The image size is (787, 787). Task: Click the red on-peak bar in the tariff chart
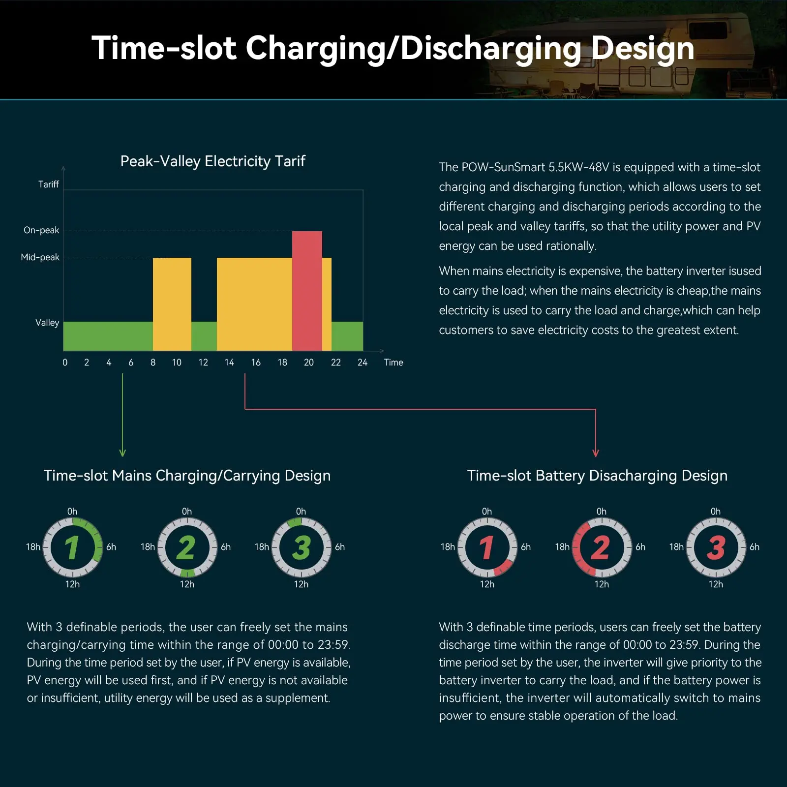(307, 290)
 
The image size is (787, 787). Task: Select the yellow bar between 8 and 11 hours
(172, 303)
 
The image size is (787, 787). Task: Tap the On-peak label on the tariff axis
(41, 230)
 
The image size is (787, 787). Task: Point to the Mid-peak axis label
(40, 257)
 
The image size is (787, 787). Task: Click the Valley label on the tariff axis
(47, 323)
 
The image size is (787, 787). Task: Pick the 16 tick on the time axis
(256, 363)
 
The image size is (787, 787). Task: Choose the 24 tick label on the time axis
(363, 363)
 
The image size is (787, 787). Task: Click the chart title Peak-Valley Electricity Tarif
(212, 161)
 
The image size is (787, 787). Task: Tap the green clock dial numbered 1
(73, 547)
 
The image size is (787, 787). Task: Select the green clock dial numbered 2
(187, 547)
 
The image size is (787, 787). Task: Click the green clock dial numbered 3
(301, 547)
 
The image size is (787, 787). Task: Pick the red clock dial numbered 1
(487, 547)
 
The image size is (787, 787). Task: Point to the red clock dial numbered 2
(602, 547)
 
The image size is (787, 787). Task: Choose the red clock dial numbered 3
(716, 547)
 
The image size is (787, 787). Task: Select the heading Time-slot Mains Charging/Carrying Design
(187, 476)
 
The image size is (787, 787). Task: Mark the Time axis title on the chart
(393, 363)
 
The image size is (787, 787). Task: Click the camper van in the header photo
(639, 59)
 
